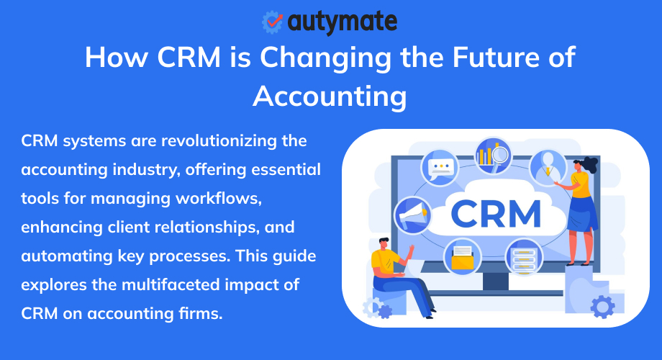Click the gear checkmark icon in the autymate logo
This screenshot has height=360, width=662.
tap(273, 22)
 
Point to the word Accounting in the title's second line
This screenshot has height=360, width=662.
tap(330, 95)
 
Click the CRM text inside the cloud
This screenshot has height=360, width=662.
tap(496, 214)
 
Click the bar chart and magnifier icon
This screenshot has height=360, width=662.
tap(493, 154)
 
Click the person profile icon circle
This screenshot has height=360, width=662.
tap(548, 167)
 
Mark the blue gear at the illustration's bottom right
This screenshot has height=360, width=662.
tap(603, 306)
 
